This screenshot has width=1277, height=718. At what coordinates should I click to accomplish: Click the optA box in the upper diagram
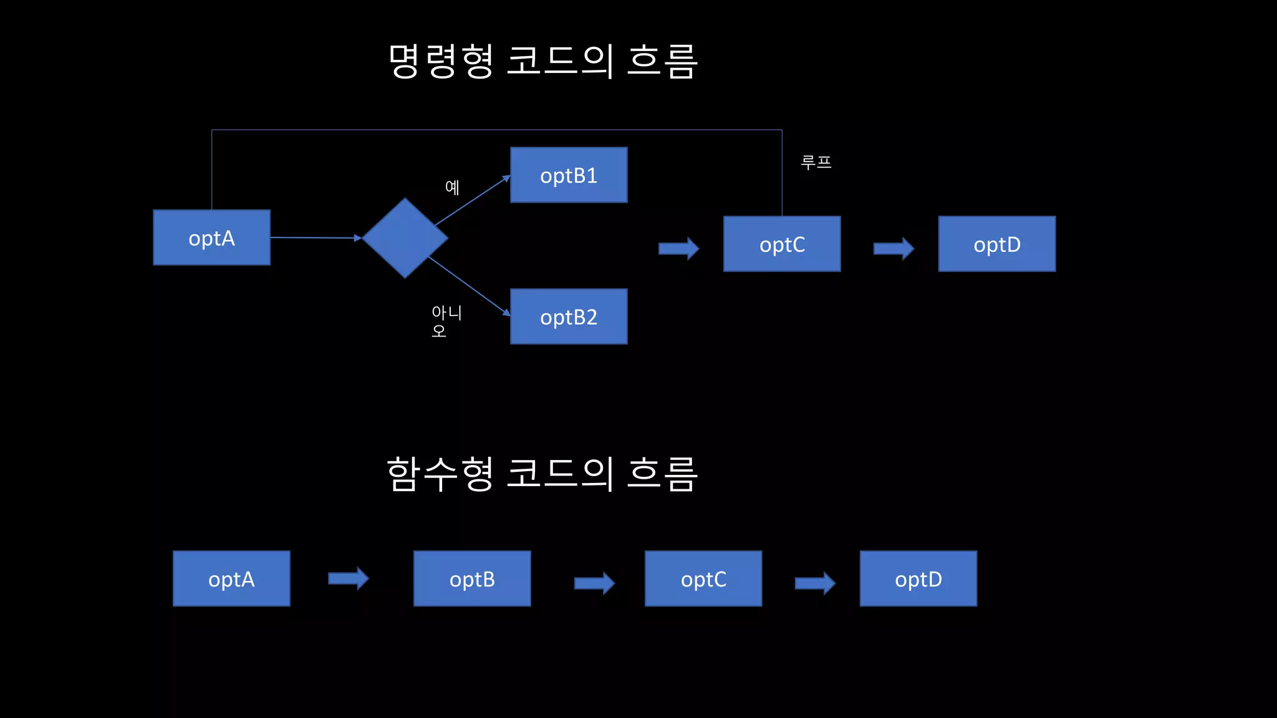[x=211, y=237]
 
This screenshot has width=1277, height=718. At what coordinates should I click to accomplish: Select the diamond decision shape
[x=405, y=237]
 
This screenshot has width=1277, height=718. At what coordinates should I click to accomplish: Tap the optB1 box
[x=569, y=175]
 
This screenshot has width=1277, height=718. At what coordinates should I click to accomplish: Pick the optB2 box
[x=569, y=317]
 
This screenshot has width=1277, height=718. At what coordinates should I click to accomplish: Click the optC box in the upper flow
[x=782, y=244]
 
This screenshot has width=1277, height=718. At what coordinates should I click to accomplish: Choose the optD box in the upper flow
[x=996, y=244]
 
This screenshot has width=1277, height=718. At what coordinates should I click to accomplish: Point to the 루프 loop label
[x=816, y=163]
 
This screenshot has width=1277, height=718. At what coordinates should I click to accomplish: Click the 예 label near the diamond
[x=452, y=187]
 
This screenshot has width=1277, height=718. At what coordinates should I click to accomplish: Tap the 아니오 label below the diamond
[x=446, y=320]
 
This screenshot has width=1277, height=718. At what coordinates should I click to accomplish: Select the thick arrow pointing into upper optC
[x=678, y=249]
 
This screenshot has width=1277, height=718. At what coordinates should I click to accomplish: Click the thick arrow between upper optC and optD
[x=893, y=249]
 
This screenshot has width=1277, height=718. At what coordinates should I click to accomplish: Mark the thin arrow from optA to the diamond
[x=316, y=237]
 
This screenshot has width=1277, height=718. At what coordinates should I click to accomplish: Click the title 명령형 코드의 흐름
[x=542, y=61]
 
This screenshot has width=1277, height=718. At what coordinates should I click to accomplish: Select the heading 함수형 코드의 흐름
[x=542, y=474]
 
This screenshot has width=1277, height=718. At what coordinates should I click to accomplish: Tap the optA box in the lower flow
[x=231, y=578]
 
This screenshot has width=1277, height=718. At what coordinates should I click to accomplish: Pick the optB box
[x=472, y=578]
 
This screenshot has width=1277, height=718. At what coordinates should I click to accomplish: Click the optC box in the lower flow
[x=703, y=578]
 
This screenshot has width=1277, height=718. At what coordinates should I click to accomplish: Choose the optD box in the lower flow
[x=918, y=578]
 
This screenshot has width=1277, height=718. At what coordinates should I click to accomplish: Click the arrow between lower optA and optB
[x=348, y=578]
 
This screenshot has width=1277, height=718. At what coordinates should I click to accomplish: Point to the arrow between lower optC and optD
[x=814, y=583]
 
